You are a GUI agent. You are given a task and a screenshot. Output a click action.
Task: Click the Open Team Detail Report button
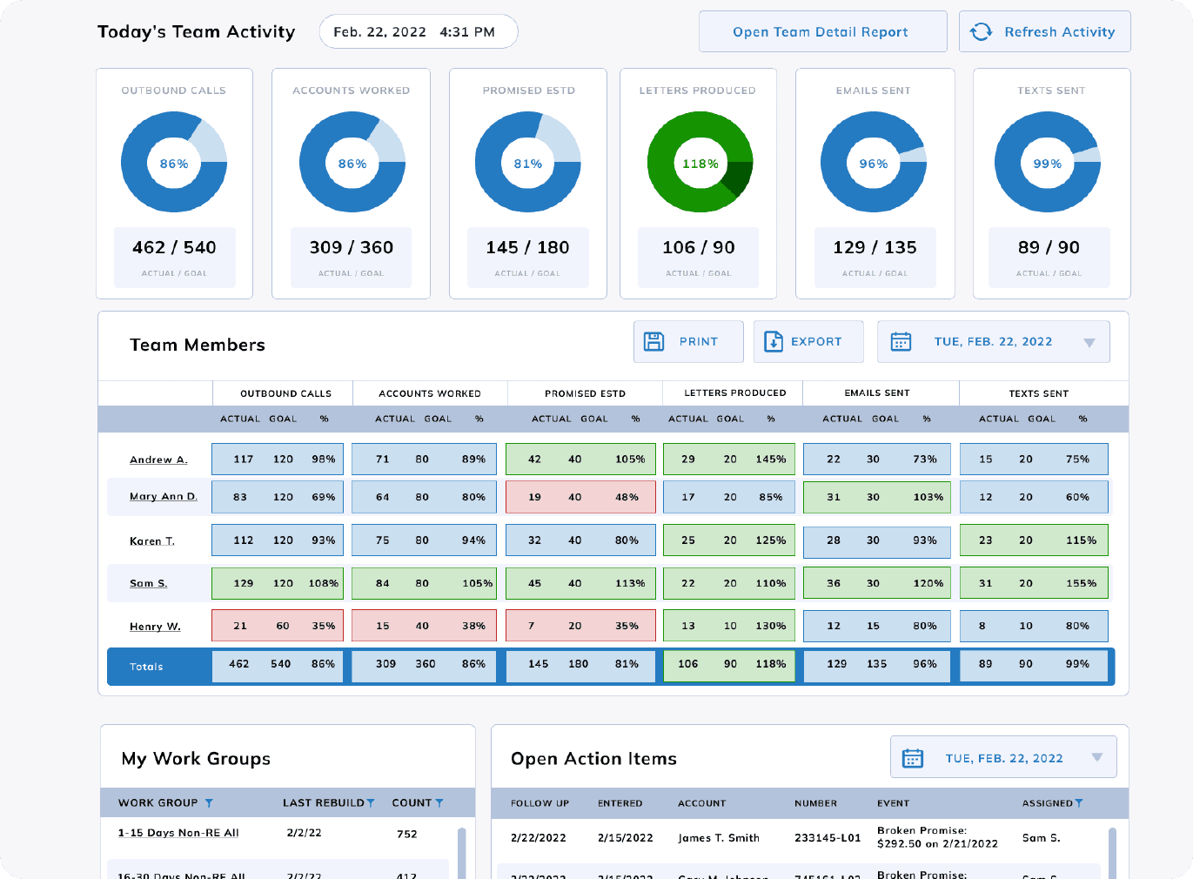click(x=822, y=32)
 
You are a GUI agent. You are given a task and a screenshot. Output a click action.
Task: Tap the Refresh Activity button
click(x=1044, y=32)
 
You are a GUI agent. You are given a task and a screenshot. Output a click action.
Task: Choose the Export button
click(x=808, y=342)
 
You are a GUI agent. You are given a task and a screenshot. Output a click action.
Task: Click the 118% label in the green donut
click(x=700, y=164)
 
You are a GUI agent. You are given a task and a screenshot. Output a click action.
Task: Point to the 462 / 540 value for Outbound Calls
click(x=174, y=248)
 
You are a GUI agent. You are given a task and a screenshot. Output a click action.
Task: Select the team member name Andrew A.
click(x=158, y=460)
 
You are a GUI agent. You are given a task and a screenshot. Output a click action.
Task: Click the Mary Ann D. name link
click(x=164, y=496)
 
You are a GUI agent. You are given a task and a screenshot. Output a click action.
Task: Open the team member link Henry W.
click(x=155, y=627)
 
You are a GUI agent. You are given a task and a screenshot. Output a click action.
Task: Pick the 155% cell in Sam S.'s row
click(x=1081, y=584)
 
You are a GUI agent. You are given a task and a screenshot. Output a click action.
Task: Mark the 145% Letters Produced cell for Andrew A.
click(x=770, y=460)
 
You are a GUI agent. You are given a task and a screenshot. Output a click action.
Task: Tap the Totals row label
click(x=146, y=667)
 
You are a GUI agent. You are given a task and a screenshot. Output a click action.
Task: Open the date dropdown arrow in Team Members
click(x=1089, y=343)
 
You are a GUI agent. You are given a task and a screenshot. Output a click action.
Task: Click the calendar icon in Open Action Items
click(x=912, y=758)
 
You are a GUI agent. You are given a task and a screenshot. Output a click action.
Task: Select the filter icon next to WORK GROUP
click(x=209, y=803)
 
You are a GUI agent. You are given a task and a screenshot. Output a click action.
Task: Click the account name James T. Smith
click(x=719, y=838)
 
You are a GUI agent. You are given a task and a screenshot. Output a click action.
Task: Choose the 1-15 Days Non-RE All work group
click(x=178, y=833)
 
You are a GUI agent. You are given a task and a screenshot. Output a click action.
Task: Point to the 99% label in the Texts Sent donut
click(x=1047, y=164)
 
